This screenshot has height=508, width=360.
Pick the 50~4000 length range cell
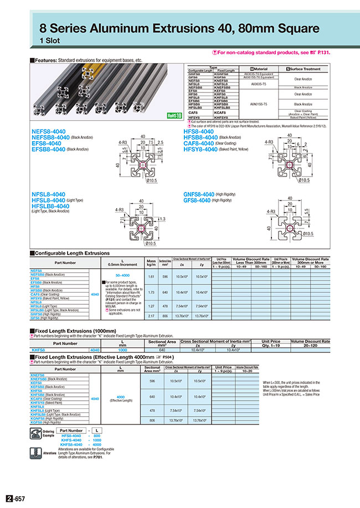(122, 274)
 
